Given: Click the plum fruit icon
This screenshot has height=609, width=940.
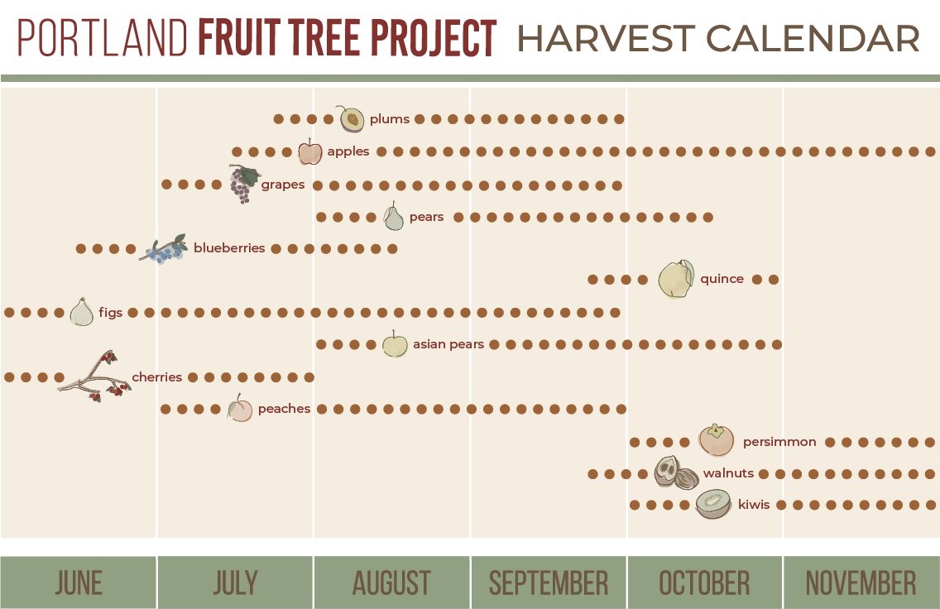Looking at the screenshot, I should pos(352,119).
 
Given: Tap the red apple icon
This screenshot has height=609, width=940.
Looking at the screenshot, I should pos(309,152).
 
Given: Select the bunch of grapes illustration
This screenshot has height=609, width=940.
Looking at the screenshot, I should pos(243,184).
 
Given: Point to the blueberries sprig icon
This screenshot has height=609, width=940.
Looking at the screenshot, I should pos(164,249).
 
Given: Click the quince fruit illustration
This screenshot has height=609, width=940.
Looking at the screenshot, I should pos(675,279).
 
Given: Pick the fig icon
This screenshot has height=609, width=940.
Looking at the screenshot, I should pos(81,312).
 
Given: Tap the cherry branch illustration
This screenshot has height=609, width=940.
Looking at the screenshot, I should pos(95,377).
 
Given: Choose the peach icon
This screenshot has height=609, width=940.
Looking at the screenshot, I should pos(240,408).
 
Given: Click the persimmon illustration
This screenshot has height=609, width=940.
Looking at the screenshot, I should pos(715,440).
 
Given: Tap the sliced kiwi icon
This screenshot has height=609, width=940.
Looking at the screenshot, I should pos(712,503).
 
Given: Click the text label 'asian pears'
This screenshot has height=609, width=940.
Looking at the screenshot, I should pos(448,344).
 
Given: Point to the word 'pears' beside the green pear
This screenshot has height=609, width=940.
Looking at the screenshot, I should pos(426,218).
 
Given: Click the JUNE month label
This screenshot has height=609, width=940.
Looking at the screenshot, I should pos(79,583).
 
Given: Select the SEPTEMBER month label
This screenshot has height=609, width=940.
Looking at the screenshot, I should pos(548,583).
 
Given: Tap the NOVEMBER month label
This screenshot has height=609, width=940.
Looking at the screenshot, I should pos(861,583).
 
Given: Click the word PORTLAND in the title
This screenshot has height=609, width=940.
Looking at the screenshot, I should pos(103,38).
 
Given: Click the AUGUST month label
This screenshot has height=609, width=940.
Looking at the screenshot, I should pos(391,583).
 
